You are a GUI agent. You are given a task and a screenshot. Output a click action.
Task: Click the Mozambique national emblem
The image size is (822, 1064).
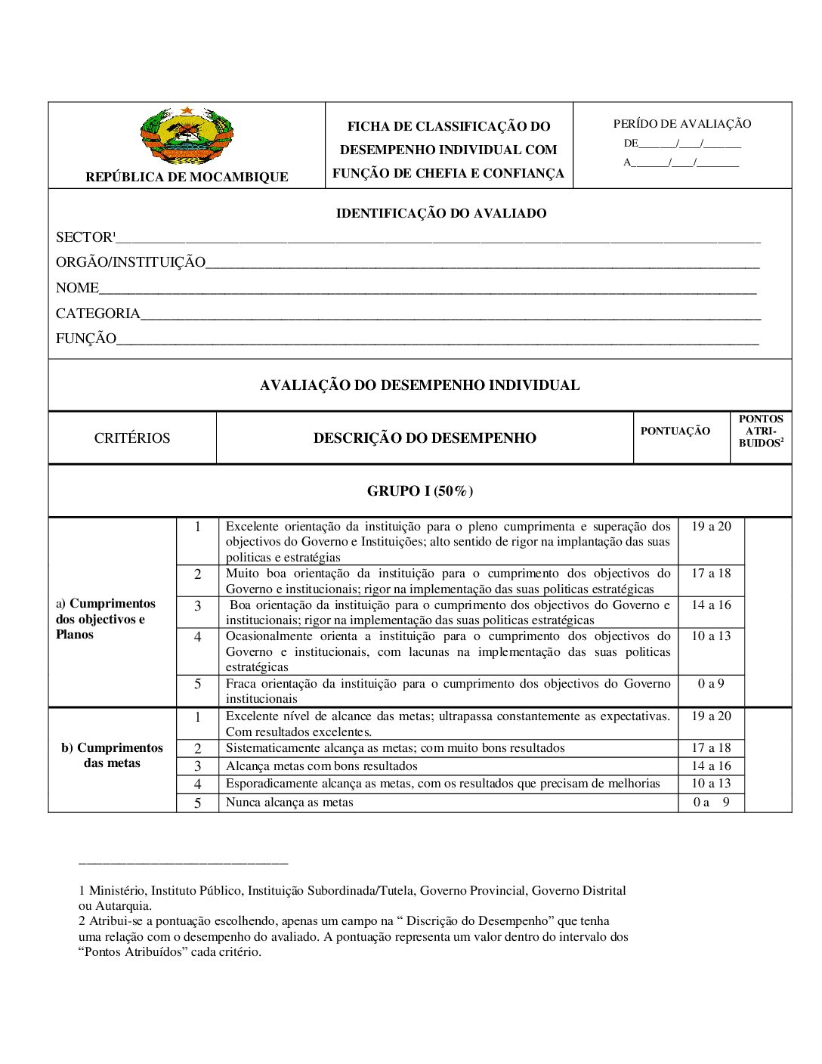click(187, 136)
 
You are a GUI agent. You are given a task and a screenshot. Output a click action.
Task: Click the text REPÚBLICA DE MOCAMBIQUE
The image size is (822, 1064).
click(187, 177)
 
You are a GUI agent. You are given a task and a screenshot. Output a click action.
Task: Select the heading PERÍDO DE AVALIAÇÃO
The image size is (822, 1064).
click(682, 124)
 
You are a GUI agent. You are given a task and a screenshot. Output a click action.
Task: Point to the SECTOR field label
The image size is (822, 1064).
click(84, 237)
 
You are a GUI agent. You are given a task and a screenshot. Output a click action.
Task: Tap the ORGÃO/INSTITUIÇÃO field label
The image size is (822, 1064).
click(130, 262)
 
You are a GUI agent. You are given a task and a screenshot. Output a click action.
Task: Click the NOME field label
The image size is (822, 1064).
click(77, 288)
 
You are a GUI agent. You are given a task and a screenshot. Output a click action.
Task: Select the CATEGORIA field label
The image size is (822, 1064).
click(97, 314)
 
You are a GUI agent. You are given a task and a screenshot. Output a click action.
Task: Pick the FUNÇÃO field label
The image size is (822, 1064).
click(85, 339)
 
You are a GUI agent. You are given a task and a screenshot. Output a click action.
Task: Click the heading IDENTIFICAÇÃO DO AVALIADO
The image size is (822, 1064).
click(441, 214)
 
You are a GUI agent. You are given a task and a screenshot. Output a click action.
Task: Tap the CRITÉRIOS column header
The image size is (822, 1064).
click(132, 438)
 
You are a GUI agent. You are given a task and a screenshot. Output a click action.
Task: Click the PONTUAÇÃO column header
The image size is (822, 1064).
click(675, 431)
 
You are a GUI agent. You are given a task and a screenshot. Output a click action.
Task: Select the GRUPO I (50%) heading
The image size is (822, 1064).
click(420, 491)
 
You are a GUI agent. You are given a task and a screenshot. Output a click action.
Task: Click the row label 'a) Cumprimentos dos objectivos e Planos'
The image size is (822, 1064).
click(106, 619)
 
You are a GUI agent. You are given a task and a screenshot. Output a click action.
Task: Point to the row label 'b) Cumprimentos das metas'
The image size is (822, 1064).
click(112, 756)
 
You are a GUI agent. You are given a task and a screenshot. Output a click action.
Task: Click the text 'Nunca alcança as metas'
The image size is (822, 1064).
click(289, 803)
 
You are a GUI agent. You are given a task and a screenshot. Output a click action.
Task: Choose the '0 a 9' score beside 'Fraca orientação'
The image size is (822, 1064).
click(711, 684)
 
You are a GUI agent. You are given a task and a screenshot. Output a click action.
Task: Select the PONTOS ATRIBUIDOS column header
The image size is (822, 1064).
click(761, 431)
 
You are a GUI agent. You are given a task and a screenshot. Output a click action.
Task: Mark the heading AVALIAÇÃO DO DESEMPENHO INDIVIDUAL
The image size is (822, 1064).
click(420, 385)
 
